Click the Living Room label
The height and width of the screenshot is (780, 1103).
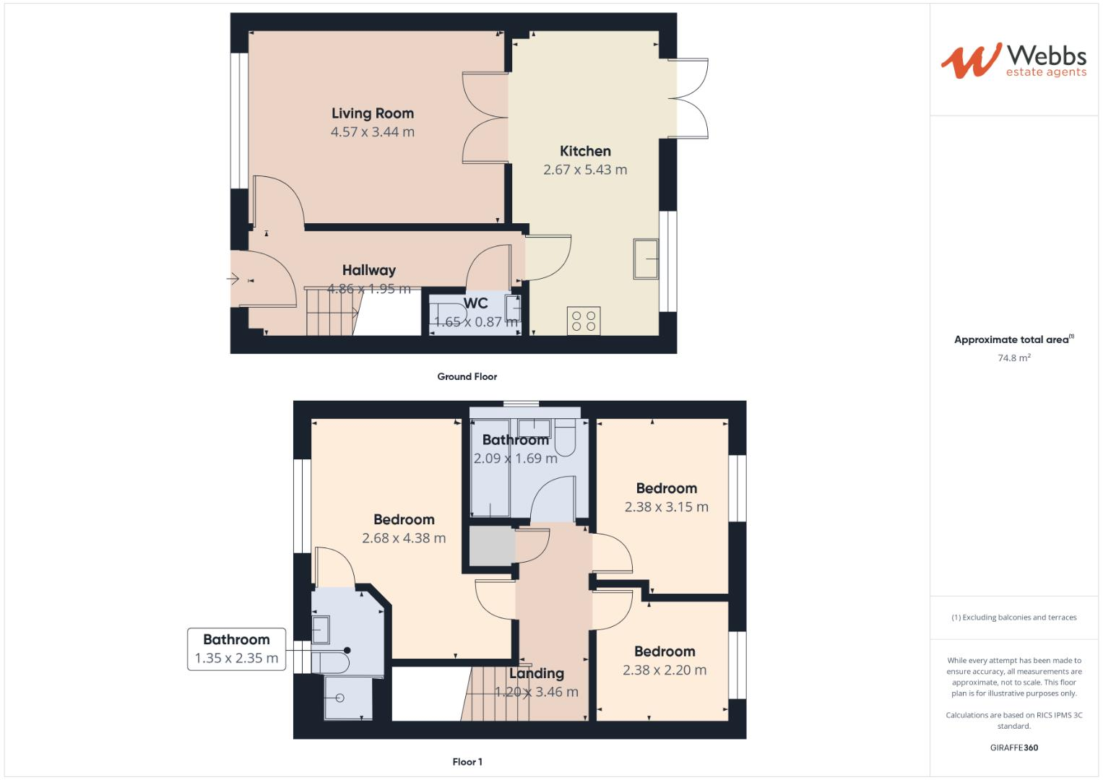(x=372, y=113)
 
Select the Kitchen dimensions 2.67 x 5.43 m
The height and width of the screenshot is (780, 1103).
(x=585, y=170)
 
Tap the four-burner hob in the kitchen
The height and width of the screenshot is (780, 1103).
(x=584, y=321)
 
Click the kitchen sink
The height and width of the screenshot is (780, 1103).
(x=646, y=259)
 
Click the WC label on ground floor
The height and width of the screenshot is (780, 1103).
(x=475, y=303)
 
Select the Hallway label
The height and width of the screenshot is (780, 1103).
(x=368, y=270)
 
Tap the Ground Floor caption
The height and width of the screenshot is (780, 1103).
(x=467, y=376)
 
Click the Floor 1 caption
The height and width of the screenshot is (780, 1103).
(x=467, y=762)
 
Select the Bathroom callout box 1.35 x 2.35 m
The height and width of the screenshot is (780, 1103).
(x=236, y=649)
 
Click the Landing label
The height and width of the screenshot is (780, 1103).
(x=536, y=673)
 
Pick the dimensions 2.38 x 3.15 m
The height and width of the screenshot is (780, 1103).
(x=666, y=507)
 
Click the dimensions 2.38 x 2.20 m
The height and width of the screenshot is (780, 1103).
(x=665, y=670)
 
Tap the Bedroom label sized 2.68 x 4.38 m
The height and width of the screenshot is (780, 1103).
(x=404, y=519)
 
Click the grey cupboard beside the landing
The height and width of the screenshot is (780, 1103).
(x=490, y=547)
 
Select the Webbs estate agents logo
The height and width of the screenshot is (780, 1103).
(x=1013, y=61)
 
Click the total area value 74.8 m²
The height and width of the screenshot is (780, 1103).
(x=1013, y=357)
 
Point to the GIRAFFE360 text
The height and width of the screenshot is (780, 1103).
(x=1013, y=747)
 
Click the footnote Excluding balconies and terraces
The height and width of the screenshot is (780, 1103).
(x=1013, y=617)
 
